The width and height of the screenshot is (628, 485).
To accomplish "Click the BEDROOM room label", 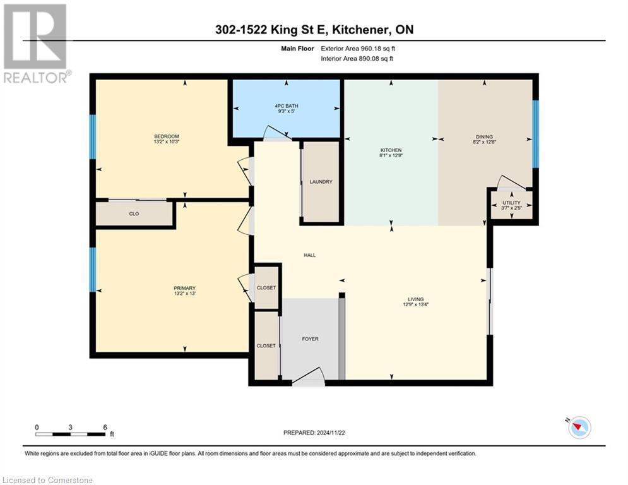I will (167, 137).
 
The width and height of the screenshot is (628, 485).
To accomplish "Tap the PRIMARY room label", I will (185, 288).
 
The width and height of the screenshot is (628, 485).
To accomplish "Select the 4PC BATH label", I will (287, 106).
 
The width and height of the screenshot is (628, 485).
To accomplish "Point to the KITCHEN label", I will (391, 150).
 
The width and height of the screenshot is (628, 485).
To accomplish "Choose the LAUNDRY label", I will (321, 182).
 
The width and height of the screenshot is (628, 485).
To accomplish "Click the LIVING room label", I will (415, 299).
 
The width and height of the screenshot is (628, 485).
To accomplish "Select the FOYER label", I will (310, 339).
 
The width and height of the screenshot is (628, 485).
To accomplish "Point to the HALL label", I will (309, 255).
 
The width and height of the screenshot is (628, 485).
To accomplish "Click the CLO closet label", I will (134, 214).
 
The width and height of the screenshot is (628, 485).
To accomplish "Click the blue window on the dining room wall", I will (535, 134).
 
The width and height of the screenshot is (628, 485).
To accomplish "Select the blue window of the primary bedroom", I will (93, 269).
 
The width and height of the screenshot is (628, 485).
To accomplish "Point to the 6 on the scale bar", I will (104, 427).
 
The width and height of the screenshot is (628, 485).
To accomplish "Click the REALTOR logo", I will (36, 43).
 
